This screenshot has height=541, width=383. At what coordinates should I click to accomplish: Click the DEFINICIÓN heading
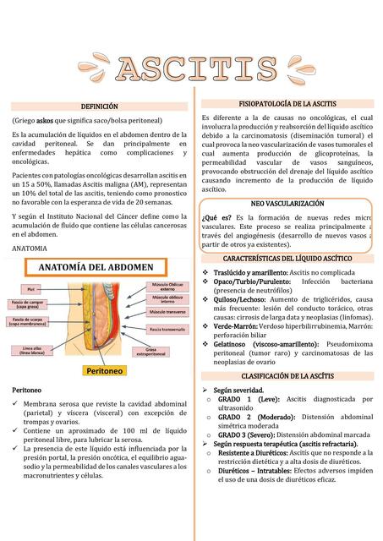tap(99, 107)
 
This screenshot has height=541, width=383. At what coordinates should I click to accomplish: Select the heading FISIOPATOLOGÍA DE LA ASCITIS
tap(288, 103)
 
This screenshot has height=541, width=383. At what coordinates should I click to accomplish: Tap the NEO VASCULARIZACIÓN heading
tap(288, 205)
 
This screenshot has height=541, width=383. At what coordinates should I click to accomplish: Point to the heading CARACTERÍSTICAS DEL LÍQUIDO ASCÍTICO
tap(288, 257)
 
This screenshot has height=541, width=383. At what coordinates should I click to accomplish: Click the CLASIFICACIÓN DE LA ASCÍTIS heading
tap(288, 374)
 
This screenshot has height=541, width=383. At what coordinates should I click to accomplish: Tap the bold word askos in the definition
tap(46, 122)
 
